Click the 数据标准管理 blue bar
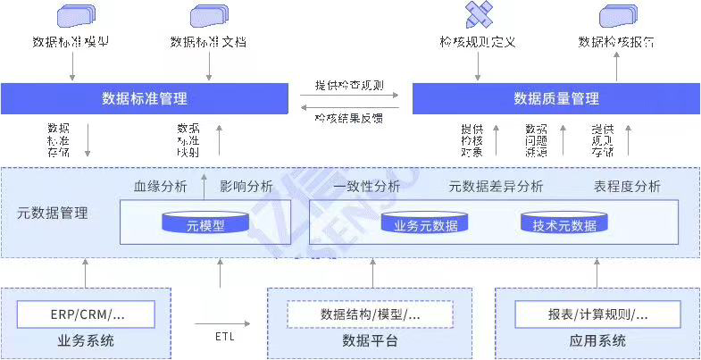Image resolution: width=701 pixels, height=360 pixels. [145, 98]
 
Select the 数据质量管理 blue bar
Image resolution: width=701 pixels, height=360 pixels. [555, 98]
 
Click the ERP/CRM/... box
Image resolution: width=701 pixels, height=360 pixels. [87, 314]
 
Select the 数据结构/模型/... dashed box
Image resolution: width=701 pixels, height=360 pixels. [370, 314]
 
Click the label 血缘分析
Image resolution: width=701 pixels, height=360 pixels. [161, 187]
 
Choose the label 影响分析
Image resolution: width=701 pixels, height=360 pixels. [246, 187]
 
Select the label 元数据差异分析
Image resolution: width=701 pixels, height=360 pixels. [496, 187]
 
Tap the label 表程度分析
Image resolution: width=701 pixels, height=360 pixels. [627, 187]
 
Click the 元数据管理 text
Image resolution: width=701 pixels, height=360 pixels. [53, 213]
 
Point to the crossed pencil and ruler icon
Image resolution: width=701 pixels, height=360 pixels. [479, 14]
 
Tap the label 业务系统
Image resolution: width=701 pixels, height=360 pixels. [86, 341]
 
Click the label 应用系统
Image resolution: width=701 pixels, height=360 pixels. [597, 341]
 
